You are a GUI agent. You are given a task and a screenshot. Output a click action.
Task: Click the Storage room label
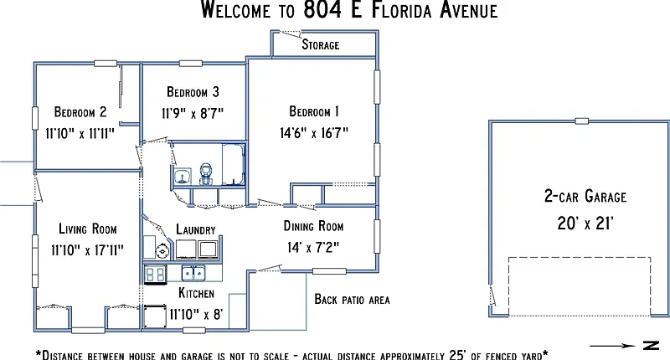click(321, 44)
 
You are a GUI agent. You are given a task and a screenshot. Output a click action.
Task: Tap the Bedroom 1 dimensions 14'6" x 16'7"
click(314, 133)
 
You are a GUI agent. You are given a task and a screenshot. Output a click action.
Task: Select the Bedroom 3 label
click(193, 92)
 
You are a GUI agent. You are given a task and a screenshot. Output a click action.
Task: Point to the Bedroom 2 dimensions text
click(80, 134)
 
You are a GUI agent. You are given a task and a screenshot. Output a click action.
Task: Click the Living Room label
click(88, 229)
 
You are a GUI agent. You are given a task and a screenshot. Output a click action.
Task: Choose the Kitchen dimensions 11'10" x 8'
click(196, 314)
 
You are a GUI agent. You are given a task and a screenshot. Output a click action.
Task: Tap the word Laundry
click(196, 229)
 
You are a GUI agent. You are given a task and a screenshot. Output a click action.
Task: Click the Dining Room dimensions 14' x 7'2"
click(313, 247)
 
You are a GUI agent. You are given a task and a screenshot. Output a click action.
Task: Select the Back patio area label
click(352, 299)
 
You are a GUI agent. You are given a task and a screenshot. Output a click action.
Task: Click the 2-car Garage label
click(585, 196)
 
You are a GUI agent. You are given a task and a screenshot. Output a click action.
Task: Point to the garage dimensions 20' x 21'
click(585, 223)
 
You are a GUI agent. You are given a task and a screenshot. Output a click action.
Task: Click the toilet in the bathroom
click(206, 174)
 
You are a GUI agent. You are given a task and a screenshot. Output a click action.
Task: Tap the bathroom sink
click(183, 176)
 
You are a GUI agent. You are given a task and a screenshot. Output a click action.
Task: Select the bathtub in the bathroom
click(234, 165)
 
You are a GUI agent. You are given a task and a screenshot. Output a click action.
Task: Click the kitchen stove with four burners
click(155, 274)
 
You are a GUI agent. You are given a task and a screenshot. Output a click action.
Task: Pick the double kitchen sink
click(193, 273)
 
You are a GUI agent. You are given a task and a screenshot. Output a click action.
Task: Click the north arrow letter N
click(652, 346)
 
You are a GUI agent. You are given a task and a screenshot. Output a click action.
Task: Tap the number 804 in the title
click(322, 9)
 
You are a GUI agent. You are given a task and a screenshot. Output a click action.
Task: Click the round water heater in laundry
click(162, 251)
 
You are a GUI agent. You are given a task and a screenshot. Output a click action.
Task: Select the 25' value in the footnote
click(457, 355)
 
